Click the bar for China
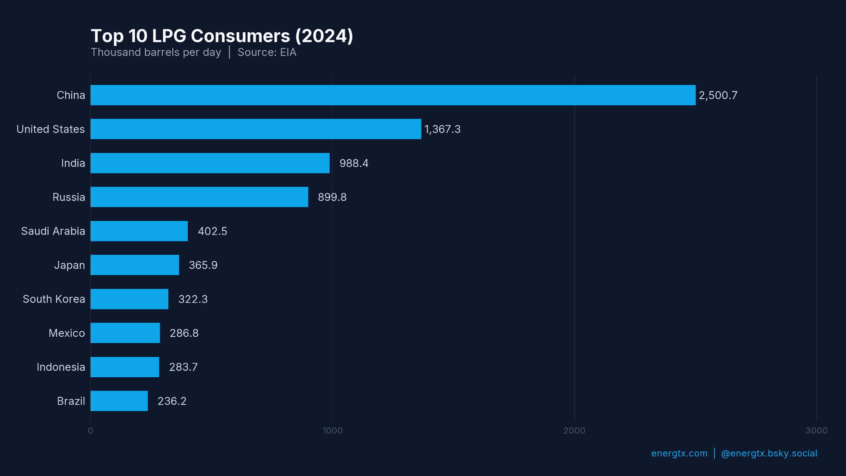(x=392, y=95)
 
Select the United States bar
(x=256, y=129)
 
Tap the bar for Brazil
(x=119, y=401)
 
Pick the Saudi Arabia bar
(x=139, y=231)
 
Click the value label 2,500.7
(x=718, y=96)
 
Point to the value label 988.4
(x=354, y=164)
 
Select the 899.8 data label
(x=332, y=197)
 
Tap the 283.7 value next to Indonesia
(x=183, y=367)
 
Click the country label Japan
(x=69, y=265)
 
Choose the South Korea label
(x=54, y=299)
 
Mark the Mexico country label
(x=67, y=333)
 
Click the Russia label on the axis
(x=69, y=197)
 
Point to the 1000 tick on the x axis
(x=333, y=431)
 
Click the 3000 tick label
(x=816, y=431)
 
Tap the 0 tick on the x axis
(x=90, y=431)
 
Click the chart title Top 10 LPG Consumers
(x=222, y=36)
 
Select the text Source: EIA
(x=267, y=52)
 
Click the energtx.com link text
(x=679, y=454)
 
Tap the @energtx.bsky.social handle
(x=769, y=454)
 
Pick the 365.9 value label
(x=203, y=265)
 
